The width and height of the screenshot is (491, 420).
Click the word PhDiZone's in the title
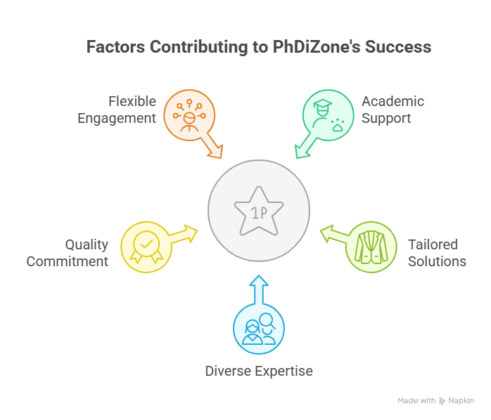point(317,47)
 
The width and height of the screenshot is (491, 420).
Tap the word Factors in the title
point(115,47)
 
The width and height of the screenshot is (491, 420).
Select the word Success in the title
point(398,47)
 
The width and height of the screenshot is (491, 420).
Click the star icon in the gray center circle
point(259,211)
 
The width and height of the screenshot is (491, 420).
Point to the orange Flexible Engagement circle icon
point(189,115)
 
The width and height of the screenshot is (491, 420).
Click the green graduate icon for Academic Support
point(329,115)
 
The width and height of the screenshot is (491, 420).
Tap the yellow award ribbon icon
point(146,247)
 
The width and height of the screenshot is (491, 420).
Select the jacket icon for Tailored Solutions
point(371,247)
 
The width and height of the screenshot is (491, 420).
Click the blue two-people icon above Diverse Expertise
point(259,329)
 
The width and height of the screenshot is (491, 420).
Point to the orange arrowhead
point(216,152)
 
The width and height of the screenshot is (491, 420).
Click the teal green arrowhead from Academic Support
point(302,152)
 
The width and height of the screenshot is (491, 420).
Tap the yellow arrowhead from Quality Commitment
point(191,233)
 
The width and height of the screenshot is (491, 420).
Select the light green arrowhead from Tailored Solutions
point(327,233)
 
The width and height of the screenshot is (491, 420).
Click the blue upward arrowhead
point(259,281)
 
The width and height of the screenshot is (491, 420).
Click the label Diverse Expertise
point(259,372)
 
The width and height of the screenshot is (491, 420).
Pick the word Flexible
point(132,101)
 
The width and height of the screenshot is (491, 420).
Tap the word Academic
point(393,101)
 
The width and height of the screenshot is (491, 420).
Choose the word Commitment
point(68,261)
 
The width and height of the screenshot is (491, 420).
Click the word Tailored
point(433,244)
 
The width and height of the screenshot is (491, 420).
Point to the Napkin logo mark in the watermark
point(442,401)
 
